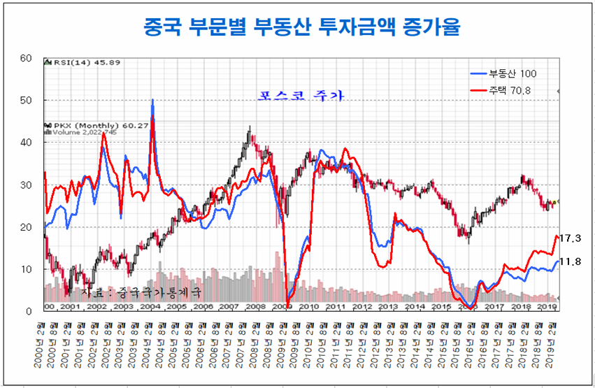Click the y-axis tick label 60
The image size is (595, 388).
click(x=27, y=58)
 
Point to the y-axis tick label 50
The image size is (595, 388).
click(x=27, y=100)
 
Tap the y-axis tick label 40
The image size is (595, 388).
click(x=27, y=143)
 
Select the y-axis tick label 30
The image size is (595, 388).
click(x=27, y=185)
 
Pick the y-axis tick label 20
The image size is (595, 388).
click(x=27, y=227)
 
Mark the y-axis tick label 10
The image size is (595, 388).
click(x=27, y=269)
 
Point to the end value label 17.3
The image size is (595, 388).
click(x=571, y=238)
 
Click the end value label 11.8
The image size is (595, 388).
click(x=571, y=262)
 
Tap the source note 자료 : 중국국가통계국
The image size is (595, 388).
click(x=141, y=290)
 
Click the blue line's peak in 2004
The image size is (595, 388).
click(x=152, y=100)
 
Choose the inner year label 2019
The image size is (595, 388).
click(x=547, y=306)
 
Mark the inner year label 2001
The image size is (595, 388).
click(x=70, y=306)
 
